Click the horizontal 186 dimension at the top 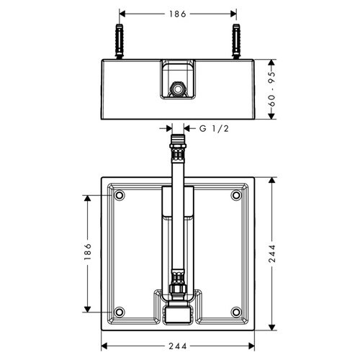pos(177,13)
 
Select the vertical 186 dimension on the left pos(87,252)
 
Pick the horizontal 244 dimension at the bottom pos(177,346)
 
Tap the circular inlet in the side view pos(177,91)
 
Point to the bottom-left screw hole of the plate pos(119,311)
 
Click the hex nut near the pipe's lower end pos(177,292)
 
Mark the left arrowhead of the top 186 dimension pos(122,13)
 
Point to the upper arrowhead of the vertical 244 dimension pos(272,178)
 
